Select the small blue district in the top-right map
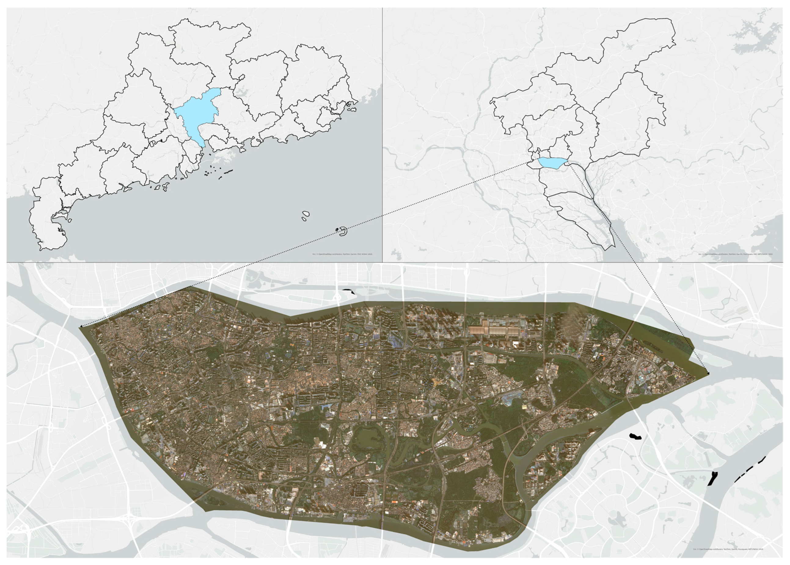552,162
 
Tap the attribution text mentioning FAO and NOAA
342,254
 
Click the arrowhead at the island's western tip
81,326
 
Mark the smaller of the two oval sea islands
304,219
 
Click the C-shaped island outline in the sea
343,231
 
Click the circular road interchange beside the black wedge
336,297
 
